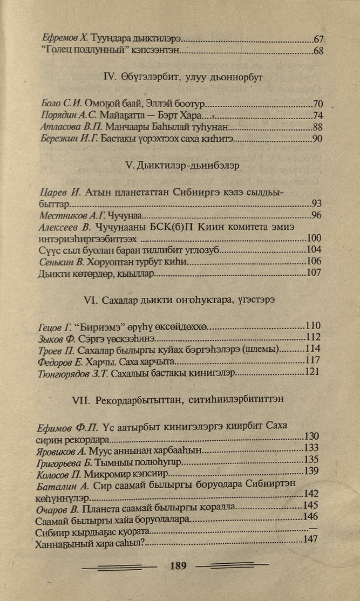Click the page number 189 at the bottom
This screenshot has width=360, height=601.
point(178,566)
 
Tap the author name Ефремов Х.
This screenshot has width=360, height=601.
point(65,39)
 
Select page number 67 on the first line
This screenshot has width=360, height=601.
point(318,39)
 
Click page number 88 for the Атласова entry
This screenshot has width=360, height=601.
point(317,128)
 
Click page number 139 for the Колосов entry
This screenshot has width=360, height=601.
point(313,472)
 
